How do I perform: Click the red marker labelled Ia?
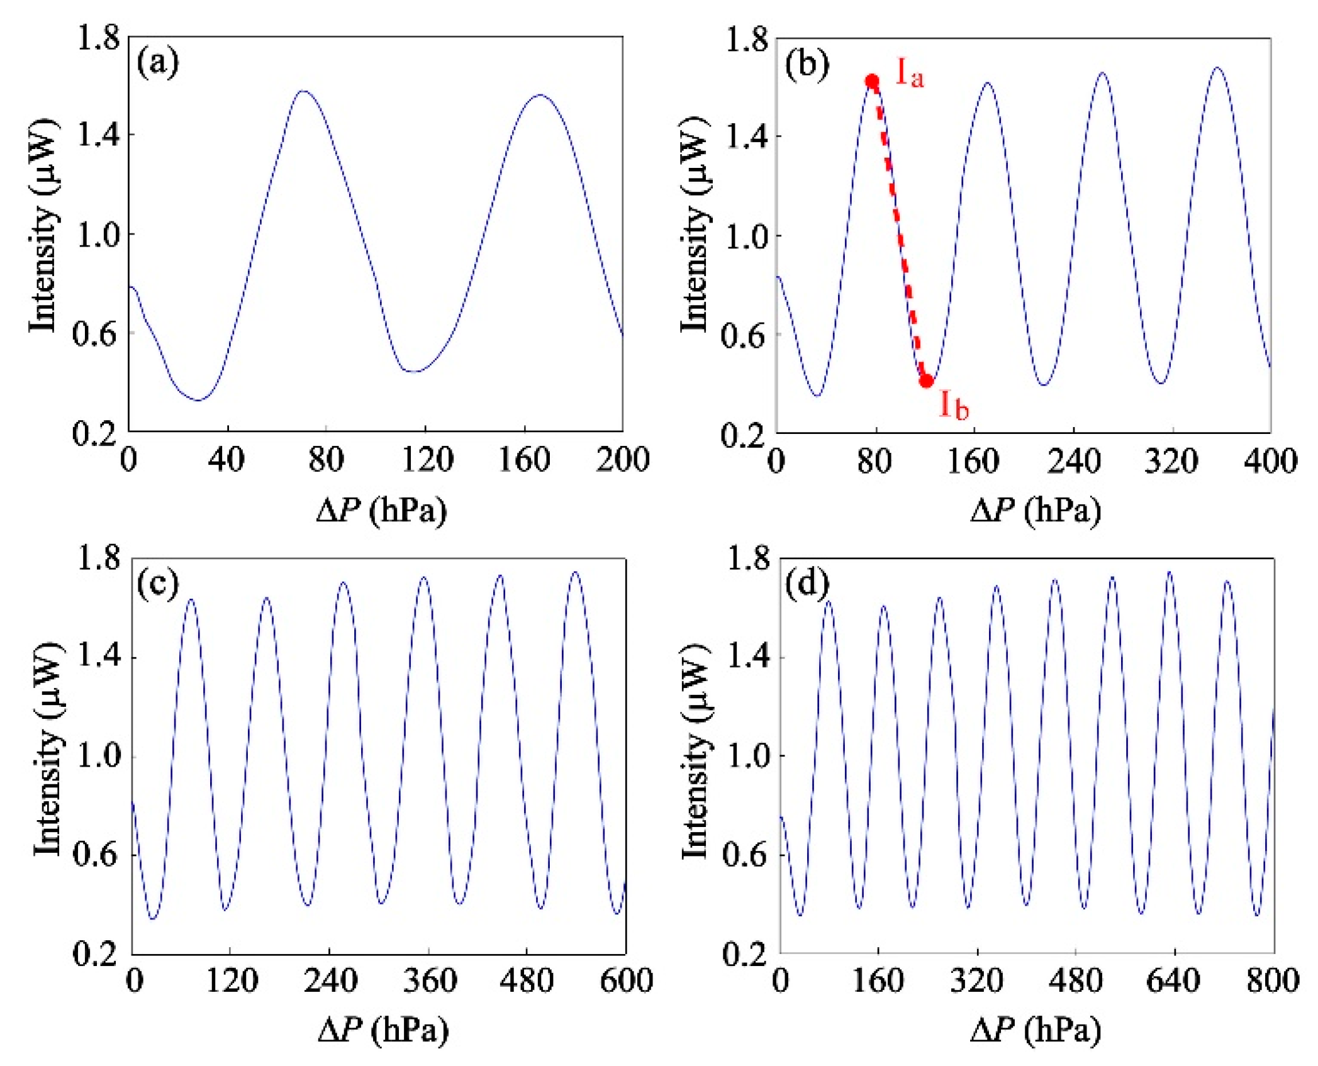pyautogui.click(x=872, y=81)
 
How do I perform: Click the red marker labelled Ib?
pyautogui.click(x=926, y=380)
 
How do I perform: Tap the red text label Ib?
pyautogui.click(x=954, y=404)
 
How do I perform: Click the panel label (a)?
pyautogui.click(x=157, y=63)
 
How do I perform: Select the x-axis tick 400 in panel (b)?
pyautogui.click(x=1270, y=461)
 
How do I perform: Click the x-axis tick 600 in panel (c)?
pyautogui.click(x=626, y=981)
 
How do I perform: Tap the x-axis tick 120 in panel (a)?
pyautogui.click(x=427, y=460)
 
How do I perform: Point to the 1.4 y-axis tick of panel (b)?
pyautogui.click(x=745, y=136)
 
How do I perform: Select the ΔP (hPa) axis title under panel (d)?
pyautogui.click(x=1036, y=1030)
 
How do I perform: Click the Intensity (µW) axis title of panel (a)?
pyautogui.click(x=44, y=225)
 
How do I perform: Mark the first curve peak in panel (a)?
pyautogui.click(x=303, y=91)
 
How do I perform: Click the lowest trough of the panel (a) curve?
pyautogui.click(x=199, y=400)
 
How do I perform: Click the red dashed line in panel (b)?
pyautogui.click(x=898, y=230)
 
